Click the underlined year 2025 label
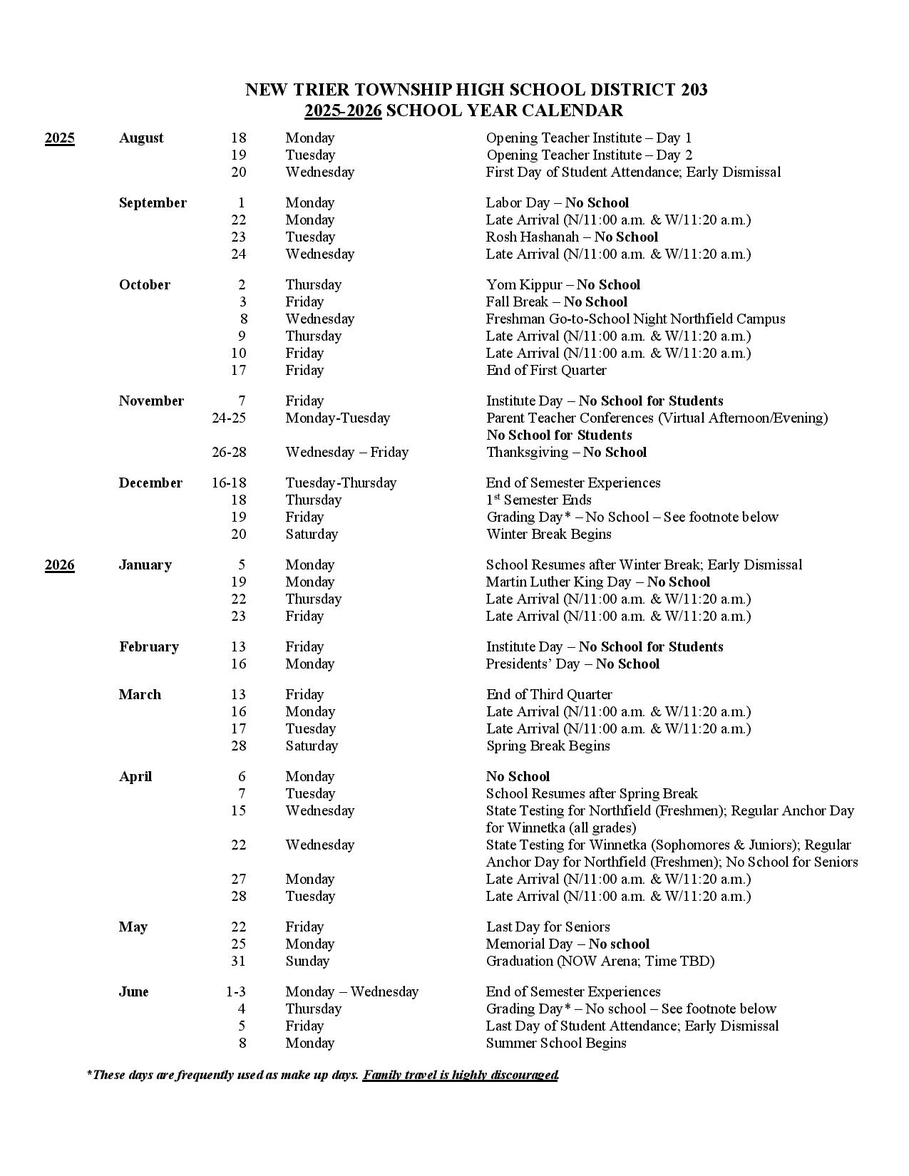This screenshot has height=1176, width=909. [x=59, y=138]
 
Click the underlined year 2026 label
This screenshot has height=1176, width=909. [x=59, y=565]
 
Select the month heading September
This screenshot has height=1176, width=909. [x=153, y=203]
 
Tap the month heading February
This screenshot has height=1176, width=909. [x=149, y=647]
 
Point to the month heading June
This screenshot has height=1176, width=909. [x=133, y=992]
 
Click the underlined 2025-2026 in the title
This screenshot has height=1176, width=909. [x=343, y=110]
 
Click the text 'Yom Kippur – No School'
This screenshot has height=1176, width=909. [x=563, y=285]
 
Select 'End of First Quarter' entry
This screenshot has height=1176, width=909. [x=546, y=371]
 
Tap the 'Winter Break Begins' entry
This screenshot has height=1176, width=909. [x=548, y=535]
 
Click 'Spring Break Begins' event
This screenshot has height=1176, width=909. [x=548, y=746]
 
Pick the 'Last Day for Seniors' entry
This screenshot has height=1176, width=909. [x=548, y=927]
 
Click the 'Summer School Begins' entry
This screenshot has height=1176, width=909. [x=556, y=1043]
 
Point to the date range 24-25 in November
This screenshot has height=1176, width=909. [x=228, y=418]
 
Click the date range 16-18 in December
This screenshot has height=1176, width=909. [x=228, y=483]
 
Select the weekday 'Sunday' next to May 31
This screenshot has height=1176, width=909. [x=307, y=961]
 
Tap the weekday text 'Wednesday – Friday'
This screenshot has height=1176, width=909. [x=346, y=453]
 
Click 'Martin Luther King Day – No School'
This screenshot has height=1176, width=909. [x=597, y=582]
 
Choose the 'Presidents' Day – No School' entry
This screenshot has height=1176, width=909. [x=572, y=664]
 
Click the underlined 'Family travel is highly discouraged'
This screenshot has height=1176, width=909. [x=460, y=1075]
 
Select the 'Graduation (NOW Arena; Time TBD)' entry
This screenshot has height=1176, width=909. [x=600, y=961]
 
